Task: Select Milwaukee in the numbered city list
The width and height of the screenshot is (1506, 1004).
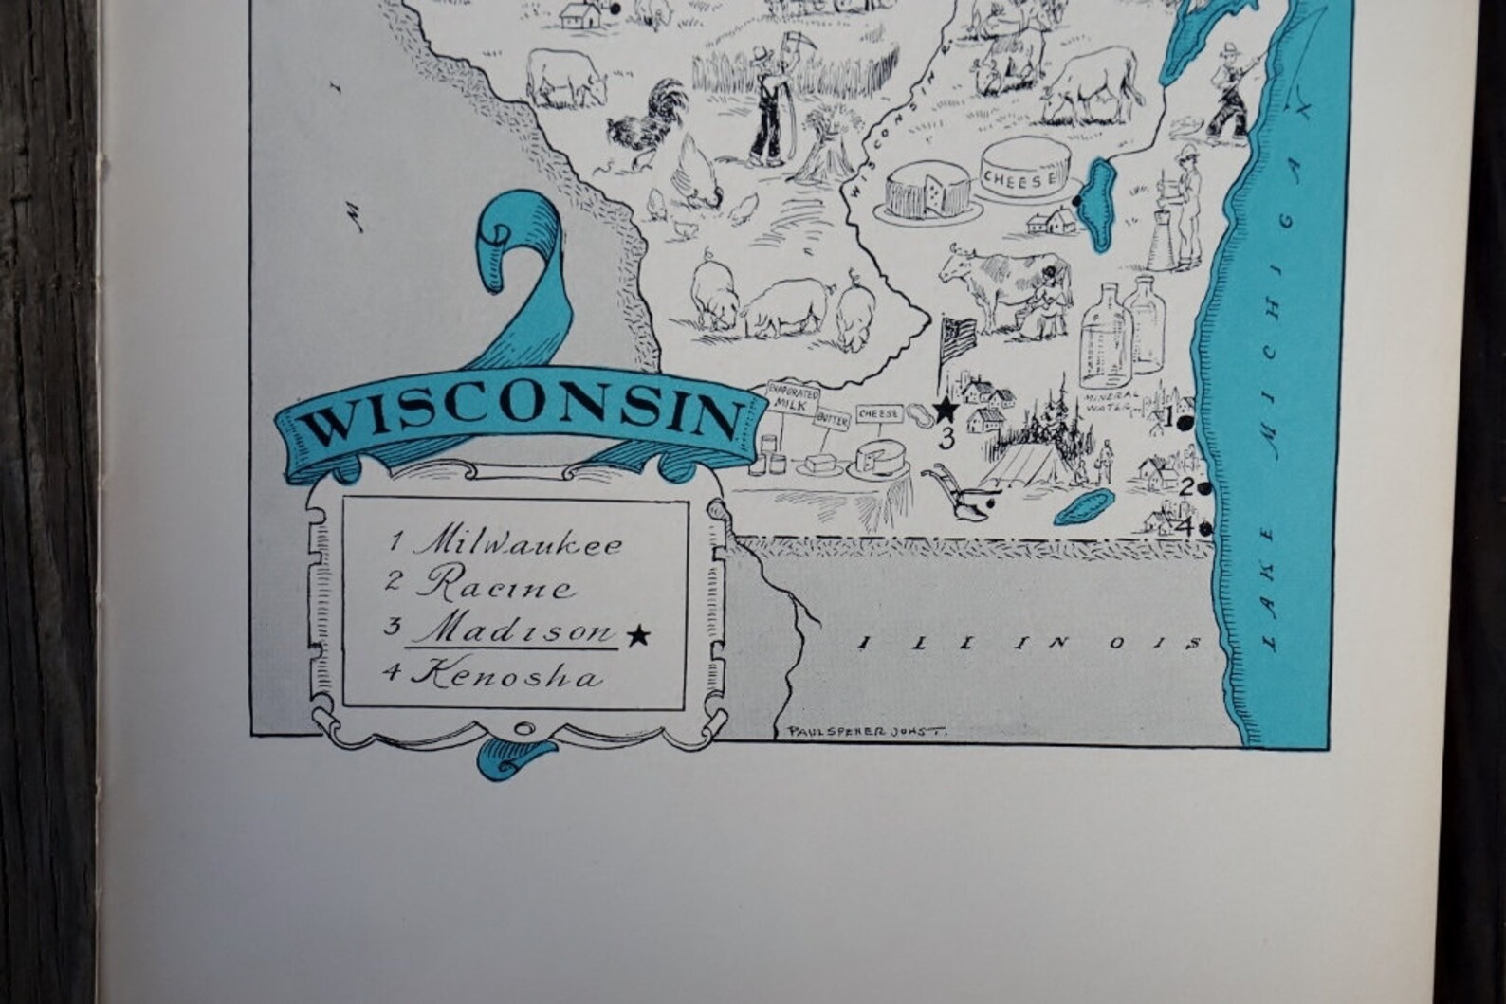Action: point(518,543)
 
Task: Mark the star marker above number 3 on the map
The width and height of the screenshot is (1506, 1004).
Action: point(946,410)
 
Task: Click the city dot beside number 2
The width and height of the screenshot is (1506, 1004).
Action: point(1203,489)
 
